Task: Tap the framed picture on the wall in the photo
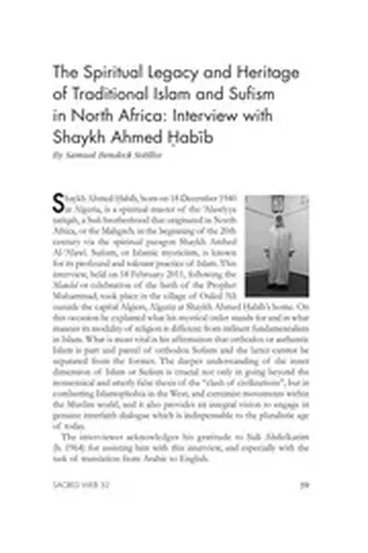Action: [x=280, y=206]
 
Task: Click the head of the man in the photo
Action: [x=279, y=228]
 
